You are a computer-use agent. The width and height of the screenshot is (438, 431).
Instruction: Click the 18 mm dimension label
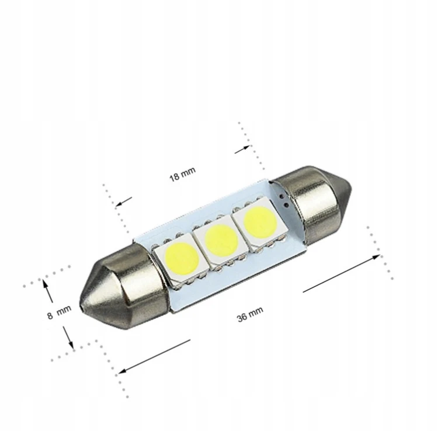(182, 174)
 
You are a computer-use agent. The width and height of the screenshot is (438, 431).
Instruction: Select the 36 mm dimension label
(250, 314)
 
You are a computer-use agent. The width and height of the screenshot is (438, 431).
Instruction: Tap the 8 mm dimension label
(59, 312)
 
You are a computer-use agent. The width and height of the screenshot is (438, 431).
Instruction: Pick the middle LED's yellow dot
(221, 240)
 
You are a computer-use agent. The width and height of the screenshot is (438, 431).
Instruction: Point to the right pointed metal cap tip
(350, 190)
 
